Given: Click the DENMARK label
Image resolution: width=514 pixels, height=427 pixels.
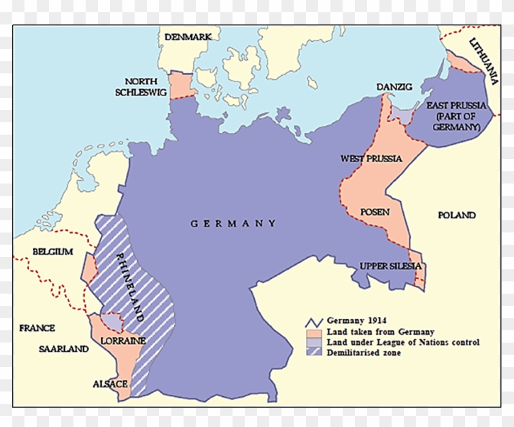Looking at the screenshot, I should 188,37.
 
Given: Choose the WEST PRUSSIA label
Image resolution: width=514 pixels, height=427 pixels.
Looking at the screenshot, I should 371,158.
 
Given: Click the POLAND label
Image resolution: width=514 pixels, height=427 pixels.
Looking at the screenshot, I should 456,215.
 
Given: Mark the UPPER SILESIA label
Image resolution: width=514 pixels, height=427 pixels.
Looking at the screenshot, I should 390,265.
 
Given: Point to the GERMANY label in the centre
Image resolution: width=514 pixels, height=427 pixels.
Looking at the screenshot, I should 233,224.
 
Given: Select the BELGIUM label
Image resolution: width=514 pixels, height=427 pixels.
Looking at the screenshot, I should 53,251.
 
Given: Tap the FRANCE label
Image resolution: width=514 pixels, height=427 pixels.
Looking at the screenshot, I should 37,328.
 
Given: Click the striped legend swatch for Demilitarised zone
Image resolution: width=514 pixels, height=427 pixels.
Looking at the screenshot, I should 315,353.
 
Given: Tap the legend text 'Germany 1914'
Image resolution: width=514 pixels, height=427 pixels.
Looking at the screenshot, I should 357,320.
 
